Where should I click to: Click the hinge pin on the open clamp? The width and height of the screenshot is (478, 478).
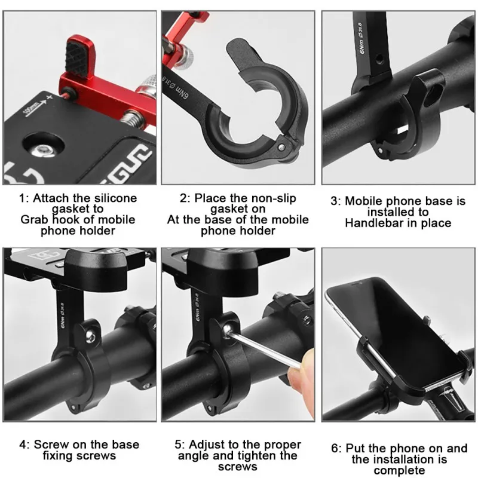[282, 148]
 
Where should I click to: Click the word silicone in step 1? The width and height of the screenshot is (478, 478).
[115, 198]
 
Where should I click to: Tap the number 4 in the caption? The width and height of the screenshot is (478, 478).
[23, 445]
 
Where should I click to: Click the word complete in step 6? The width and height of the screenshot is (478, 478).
[399, 470]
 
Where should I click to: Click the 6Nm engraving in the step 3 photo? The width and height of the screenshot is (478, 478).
[362, 46]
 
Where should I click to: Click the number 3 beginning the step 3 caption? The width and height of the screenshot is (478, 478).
[335, 201]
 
